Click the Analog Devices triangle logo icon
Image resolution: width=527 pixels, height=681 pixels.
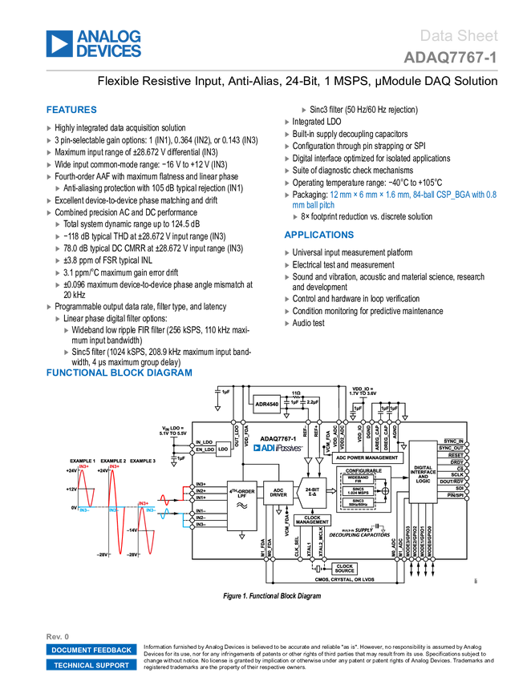(59, 44)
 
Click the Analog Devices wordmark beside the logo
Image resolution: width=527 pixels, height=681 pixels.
(110, 44)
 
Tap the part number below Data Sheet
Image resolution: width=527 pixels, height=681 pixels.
(450, 58)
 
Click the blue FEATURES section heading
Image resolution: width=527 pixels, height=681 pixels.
(72, 111)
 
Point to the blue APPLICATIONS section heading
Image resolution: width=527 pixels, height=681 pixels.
(318, 236)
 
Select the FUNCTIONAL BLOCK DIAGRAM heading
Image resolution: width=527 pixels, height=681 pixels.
(120, 373)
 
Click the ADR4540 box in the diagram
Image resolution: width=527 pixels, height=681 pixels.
(266, 405)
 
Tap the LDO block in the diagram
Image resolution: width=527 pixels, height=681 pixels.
(223, 449)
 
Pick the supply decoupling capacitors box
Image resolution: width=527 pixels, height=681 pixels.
(359, 530)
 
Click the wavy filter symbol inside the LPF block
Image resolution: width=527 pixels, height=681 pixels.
(241, 506)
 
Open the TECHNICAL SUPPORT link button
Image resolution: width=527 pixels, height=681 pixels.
(91, 665)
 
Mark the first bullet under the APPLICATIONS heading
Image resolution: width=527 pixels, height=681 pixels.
(287, 253)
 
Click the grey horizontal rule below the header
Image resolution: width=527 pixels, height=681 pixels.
(272, 71)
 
